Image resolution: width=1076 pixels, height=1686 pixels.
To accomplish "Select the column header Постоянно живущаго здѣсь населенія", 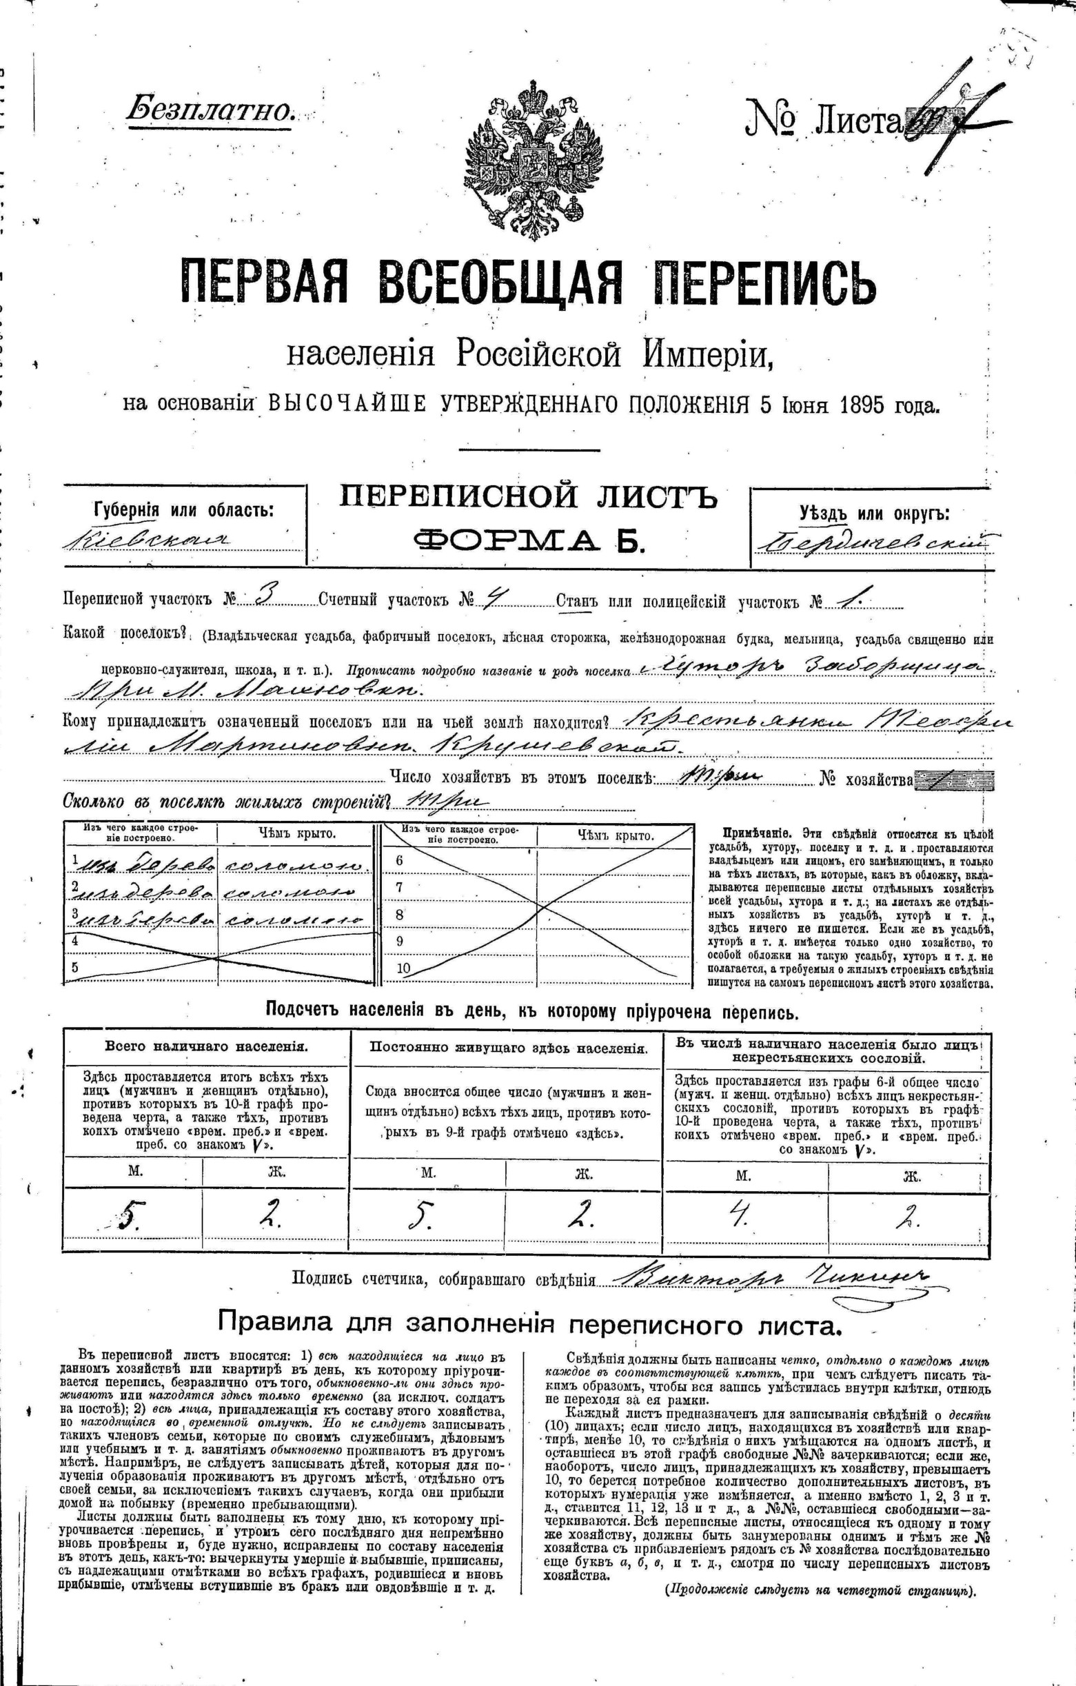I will click(x=508, y=1048).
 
